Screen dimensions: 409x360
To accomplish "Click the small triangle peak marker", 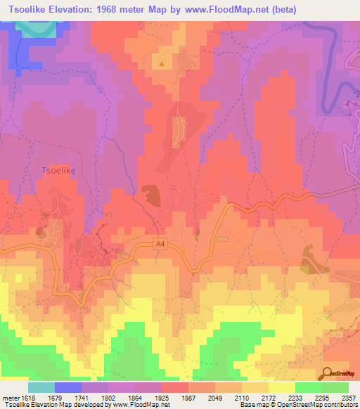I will point(162,64).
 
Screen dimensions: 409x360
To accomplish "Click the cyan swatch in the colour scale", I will point(41,387).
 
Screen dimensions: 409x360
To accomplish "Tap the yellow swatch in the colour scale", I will point(281,387).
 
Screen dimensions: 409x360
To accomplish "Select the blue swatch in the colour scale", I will point(68,387).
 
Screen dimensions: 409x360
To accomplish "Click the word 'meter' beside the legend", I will point(11,397).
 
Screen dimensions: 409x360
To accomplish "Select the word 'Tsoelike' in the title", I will point(32,10).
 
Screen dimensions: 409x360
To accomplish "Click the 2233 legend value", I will point(295,397).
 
